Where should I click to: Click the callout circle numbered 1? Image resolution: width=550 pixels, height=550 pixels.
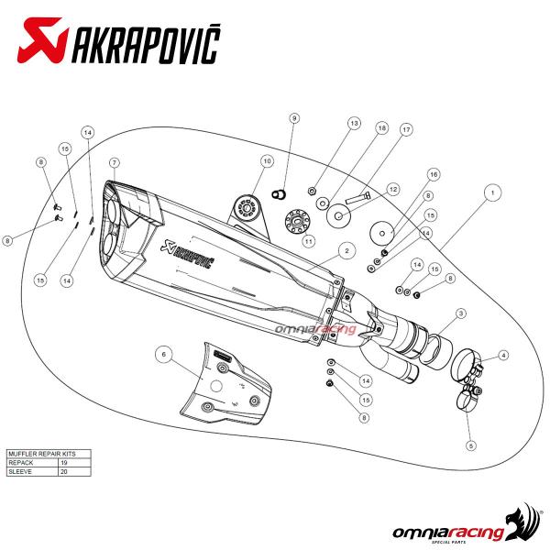pyautogui.click(x=492, y=193)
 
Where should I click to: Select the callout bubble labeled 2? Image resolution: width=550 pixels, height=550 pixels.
pyautogui.click(x=346, y=249)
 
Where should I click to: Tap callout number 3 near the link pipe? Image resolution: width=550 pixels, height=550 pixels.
pyautogui.click(x=461, y=313)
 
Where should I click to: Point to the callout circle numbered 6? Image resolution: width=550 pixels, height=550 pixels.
pyautogui.click(x=161, y=354)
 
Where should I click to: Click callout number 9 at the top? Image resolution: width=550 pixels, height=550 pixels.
pyautogui.click(x=294, y=118)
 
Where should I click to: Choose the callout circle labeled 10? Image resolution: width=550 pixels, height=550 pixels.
pyautogui.click(x=267, y=161)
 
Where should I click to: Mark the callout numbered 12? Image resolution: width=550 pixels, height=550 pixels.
pyautogui.click(x=392, y=190)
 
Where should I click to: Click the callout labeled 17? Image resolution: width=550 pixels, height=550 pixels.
pyautogui.click(x=405, y=129)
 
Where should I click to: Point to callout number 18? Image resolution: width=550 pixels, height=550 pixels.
pyautogui.click(x=382, y=129)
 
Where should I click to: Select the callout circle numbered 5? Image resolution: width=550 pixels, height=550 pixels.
pyautogui.click(x=471, y=446)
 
